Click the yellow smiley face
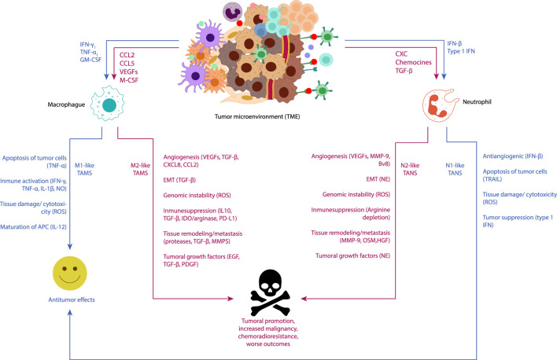click(69, 273)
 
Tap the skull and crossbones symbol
click(270, 292)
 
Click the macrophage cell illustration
click(107, 103)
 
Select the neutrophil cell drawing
click(440, 105)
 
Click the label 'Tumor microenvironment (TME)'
click(257, 116)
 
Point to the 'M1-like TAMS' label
click(84, 169)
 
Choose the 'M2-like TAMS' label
click(140, 169)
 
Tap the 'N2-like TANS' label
click(410, 169)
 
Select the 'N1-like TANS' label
click(455, 169)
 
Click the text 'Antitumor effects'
click(72, 299)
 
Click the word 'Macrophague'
click(66, 105)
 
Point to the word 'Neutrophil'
click(477, 102)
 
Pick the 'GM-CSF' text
click(90, 60)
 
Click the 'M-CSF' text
click(129, 80)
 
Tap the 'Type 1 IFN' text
click(461, 51)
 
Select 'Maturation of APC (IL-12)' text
click(33, 227)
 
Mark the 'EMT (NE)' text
click(378, 179)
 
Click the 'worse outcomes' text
click(268, 344)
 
